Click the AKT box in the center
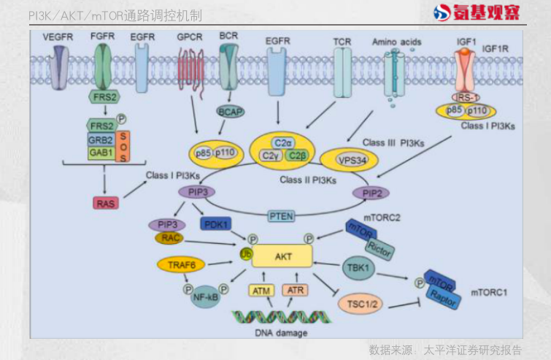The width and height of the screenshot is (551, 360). pyautogui.click(x=282, y=257)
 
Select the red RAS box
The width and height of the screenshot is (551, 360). pyautogui.click(x=107, y=202)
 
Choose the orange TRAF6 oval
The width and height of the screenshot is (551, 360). pyautogui.click(x=181, y=264)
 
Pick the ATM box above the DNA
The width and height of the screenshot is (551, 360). pyautogui.click(x=261, y=291)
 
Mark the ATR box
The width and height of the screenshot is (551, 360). pyautogui.click(x=296, y=291)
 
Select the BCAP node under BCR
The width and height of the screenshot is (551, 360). pyautogui.click(x=231, y=112)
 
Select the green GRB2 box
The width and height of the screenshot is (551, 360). pyautogui.click(x=101, y=140)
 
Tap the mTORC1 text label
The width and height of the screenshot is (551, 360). pyautogui.click(x=488, y=293)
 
